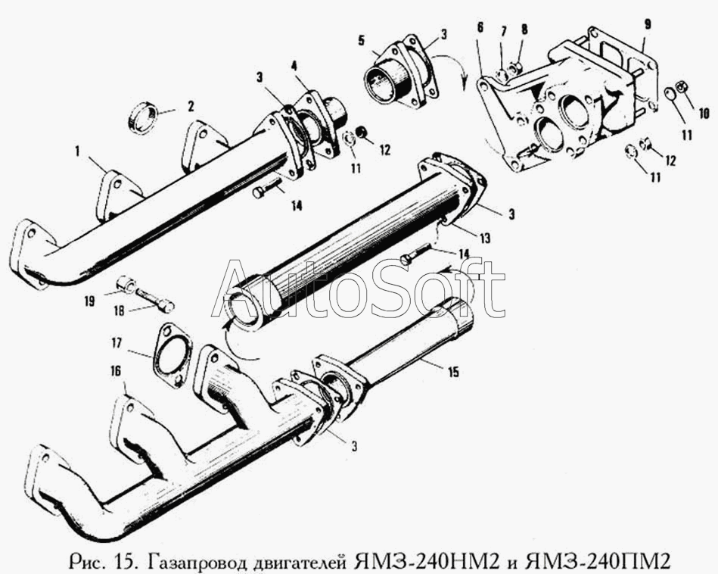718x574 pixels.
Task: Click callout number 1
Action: point(77,151)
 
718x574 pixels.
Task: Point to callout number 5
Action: point(362,41)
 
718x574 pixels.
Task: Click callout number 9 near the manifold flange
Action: point(647,24)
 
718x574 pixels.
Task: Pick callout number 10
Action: point(704,112)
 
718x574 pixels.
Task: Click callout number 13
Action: point(484,238)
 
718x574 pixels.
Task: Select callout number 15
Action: point(452,371)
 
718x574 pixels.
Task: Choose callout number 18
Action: point(118,310)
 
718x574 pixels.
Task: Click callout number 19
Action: point(89,301)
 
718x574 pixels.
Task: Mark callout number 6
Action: point(480,27)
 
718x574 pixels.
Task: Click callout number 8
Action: point(524,30)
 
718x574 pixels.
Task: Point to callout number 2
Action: point(191,106)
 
